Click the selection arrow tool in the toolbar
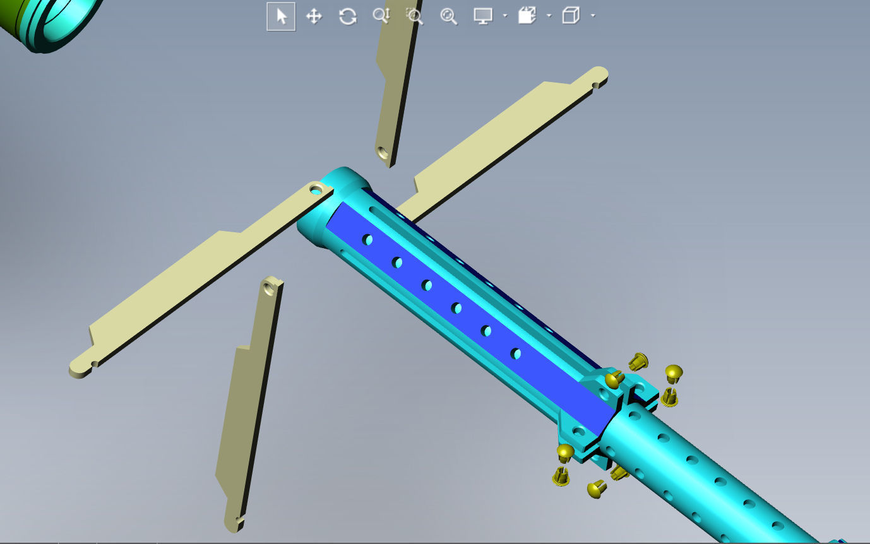[281, 16]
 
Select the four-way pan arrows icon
[314, 16]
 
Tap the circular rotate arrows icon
[348, 16]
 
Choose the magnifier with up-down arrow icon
[381, 16]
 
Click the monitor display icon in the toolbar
[483, 16]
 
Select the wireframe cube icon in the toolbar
[571, 16]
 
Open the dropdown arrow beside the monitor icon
[505, 16]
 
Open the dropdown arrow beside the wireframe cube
[593, 16]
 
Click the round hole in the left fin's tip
[315, 188]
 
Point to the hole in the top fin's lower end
[382, 152]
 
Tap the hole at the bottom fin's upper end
[270, 288]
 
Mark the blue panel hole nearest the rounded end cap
[367, 240]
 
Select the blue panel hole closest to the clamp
[516, 353]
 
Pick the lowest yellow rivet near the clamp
[595, 488]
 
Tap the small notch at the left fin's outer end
[94, 364]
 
